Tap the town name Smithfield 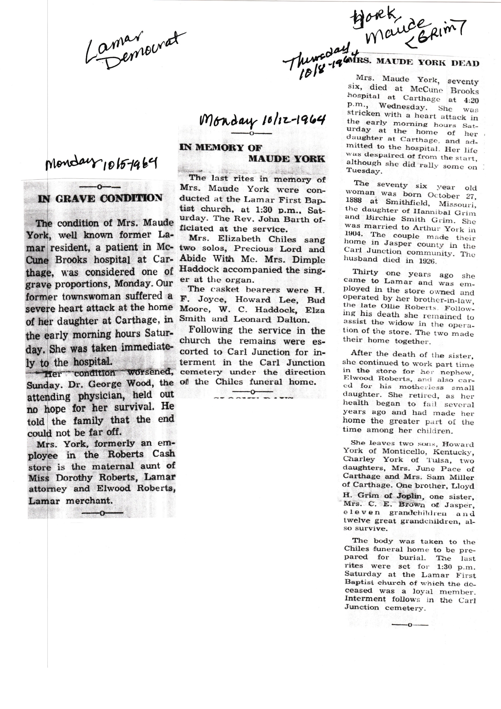click(400, 203)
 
